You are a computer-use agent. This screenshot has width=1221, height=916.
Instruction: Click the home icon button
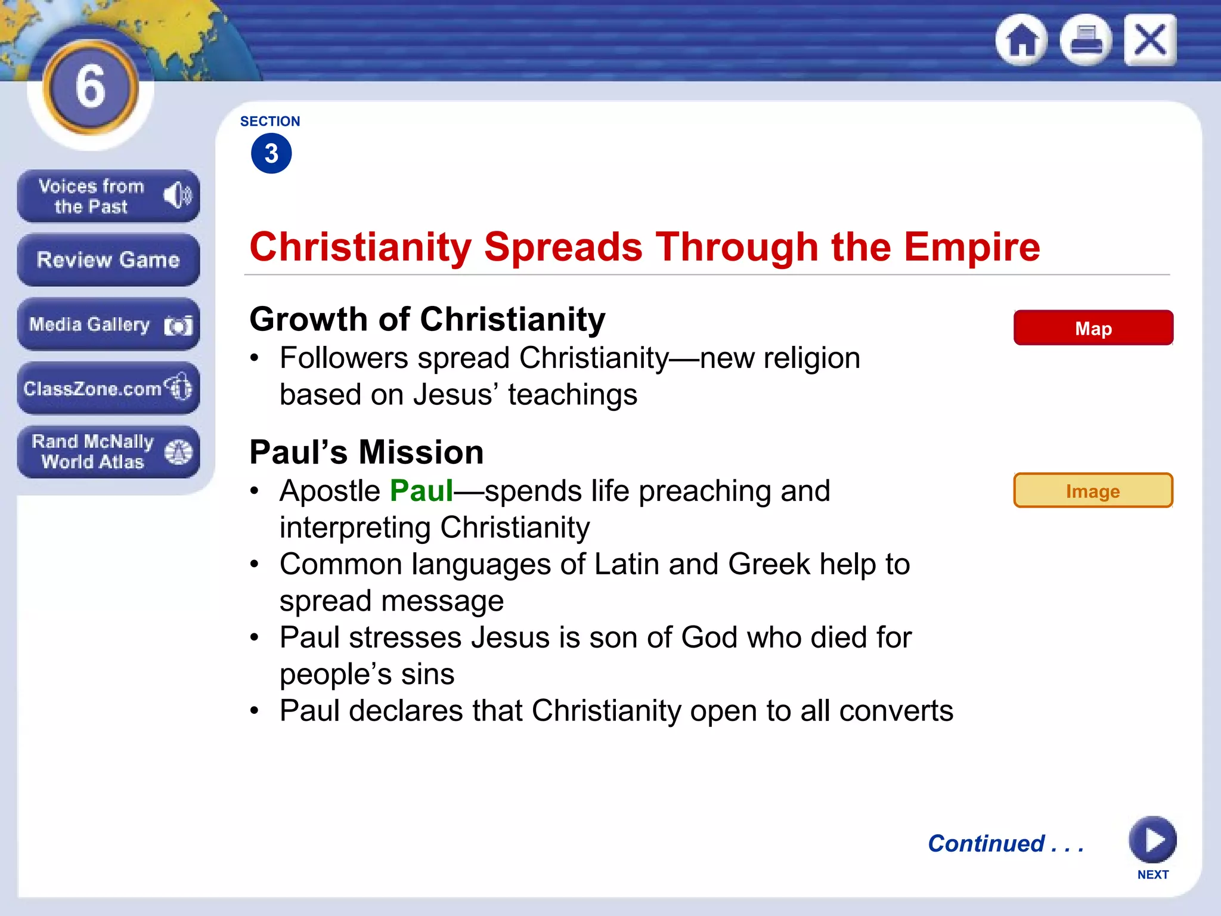(x=1022, y=40)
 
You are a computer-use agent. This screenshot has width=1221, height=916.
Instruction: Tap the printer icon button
(x=1086, y=40)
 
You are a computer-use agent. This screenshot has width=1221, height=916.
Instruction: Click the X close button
(x=1150, y=40)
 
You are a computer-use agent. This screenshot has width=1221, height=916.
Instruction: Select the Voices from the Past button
(x=108, y=196)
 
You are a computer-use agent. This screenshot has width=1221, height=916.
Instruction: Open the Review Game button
(x=108, y=260)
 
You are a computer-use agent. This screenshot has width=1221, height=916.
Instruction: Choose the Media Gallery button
(x=108, y=324)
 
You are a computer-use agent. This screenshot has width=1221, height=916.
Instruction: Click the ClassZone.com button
(x=108, y=388)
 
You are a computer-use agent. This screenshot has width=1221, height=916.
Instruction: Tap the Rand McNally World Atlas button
(x=108, y=451)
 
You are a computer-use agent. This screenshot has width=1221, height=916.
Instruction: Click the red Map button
(x=1093, y=328)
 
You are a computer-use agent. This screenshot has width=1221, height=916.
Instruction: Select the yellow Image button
(x=1093, y=491)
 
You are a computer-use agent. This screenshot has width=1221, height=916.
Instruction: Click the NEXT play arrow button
(x=1152, y=840)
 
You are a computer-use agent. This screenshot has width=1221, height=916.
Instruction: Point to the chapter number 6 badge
(x=91, y=87)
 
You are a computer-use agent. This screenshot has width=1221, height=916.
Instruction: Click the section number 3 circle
(x=271, y=154)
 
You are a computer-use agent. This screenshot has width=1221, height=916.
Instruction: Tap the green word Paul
(x=422, y=491)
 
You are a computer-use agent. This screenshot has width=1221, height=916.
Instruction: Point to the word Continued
(x=986, y=843)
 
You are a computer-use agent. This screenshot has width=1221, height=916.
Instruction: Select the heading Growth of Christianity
(x=427, y=319)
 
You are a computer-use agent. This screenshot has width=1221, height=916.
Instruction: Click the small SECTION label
(x=270, y=121)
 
